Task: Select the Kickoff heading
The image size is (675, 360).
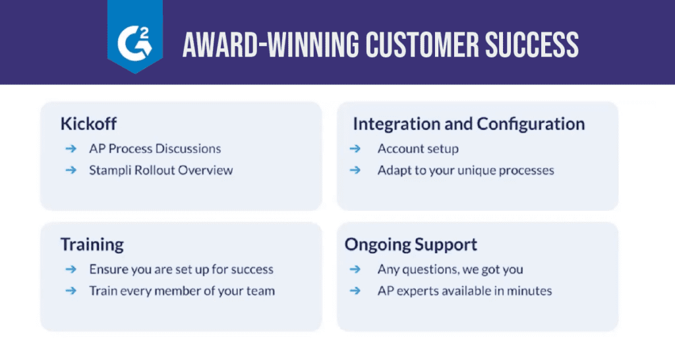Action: (88, 124)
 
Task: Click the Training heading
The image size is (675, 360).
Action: (92, 245)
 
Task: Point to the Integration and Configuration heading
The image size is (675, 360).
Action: (469, 124)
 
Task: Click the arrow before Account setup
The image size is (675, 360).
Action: (355, 149)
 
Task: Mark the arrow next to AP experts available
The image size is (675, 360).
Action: (355, 291)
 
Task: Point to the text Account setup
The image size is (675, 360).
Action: (418, 149)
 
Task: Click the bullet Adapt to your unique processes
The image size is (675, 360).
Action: (465, 170)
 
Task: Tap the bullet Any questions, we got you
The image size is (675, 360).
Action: (450, 269)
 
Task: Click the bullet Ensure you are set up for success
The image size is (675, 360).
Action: (181, 269)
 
